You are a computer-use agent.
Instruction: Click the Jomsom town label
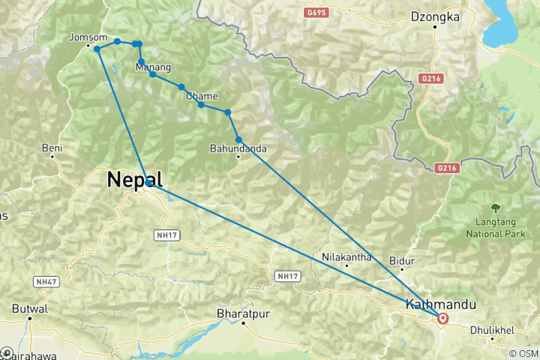tap(83, 36)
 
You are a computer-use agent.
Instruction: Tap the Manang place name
tap(148, 67)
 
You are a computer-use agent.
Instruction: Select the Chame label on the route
tap(202, 96)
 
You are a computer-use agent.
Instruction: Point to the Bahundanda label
tap(238, 148)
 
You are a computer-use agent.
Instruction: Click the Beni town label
tap(52, 148)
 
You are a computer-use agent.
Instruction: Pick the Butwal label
tap(31, 308)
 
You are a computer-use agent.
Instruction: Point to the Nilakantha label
tap(346, 256)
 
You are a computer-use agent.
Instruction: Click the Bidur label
tap(402, 261)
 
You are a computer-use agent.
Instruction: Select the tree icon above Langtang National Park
tap(495, 207)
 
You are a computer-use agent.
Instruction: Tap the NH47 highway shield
tap(44, 281)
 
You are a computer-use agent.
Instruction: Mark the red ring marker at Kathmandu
tap(442, 318)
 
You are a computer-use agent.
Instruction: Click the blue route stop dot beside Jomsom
tap(97, 49)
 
